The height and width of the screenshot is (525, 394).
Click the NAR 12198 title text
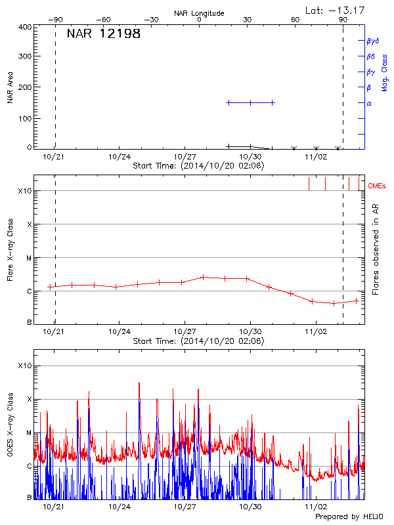[104, 34]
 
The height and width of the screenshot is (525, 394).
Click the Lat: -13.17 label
[336, 10]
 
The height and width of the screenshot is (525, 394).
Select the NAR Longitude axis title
[199, 12]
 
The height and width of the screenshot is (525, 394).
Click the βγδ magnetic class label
[372, 40]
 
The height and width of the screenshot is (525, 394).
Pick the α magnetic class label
[369, 103]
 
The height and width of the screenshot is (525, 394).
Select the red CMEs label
[377, 186]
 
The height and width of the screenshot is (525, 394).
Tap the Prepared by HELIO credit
[349, 517]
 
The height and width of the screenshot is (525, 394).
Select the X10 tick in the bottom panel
[25, 366]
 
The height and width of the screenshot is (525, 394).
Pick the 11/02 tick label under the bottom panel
[316, 507]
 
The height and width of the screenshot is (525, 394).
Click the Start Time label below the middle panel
[198, 341]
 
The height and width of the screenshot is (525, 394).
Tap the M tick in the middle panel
[29, 258]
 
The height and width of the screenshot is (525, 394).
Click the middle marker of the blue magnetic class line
[250, 102]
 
